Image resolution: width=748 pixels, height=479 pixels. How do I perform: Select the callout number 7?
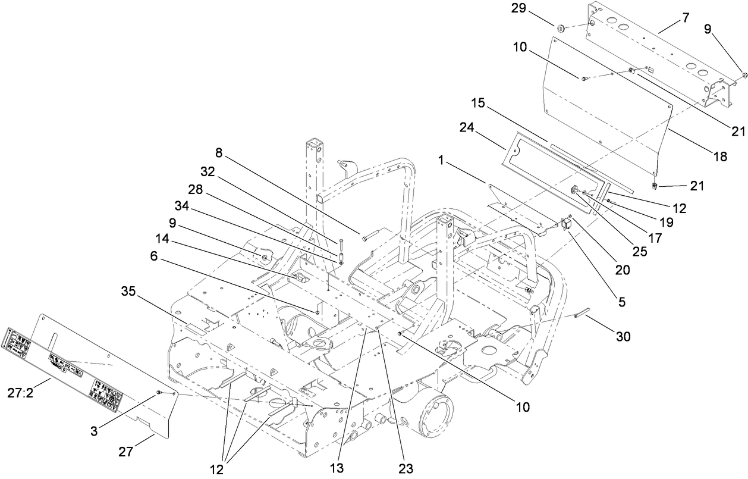coord(686,17)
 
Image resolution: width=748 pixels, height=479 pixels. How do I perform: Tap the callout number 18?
coord(720,157)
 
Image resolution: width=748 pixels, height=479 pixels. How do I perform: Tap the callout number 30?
coord(622,336)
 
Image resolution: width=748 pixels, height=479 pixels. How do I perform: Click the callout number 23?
coord(406,468)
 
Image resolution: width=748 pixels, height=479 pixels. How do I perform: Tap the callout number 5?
coord(622,302)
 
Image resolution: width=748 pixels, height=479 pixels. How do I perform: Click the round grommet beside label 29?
coord(560,27)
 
